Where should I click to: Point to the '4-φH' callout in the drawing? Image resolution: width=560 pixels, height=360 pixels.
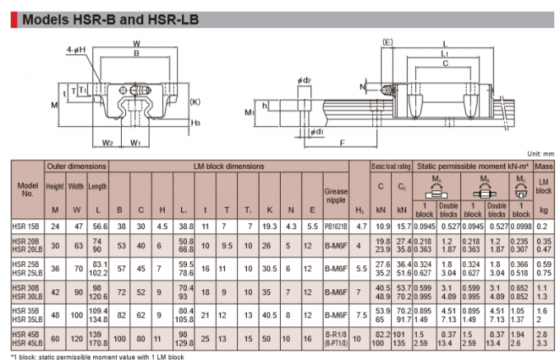(76, 51)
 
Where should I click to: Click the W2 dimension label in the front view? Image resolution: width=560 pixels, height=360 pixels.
(107, 141)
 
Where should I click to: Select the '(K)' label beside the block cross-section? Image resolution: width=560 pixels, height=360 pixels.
(194, 101)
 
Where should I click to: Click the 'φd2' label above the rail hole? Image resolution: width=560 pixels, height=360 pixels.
(304, 79)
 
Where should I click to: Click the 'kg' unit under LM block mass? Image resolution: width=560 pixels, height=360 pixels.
(542, 210)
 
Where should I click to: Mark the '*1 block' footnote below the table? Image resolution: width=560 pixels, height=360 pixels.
(99, 355)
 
